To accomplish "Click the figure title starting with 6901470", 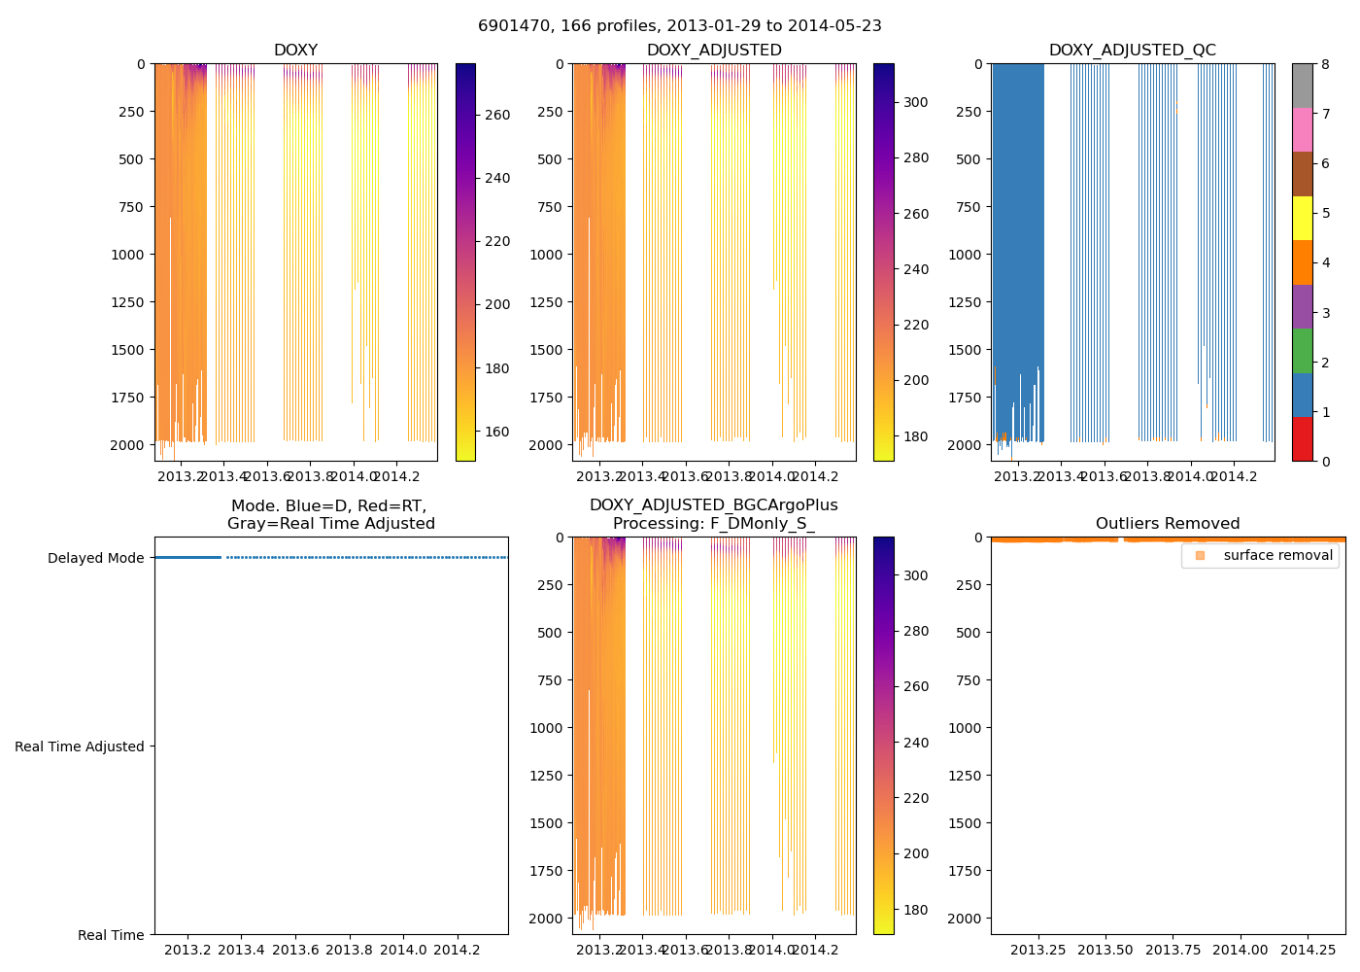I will click(680, 26).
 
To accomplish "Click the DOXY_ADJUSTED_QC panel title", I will click(1132, 51).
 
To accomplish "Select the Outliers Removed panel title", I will click(1168, 524).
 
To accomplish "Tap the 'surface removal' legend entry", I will click(1277, 555).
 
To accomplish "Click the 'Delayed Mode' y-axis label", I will click(95, 558).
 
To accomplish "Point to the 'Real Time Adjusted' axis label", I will click(80, 746).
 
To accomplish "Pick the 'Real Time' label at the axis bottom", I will click(111, 935).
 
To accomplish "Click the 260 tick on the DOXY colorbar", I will click(497, 115).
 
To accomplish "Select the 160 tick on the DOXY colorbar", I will click(497, 432).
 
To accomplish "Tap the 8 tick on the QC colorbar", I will click(1325, 64).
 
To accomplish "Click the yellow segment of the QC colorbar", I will click(1302, 219).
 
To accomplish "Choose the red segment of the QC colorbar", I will click(1302, 439).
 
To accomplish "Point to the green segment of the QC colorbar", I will click(1302, 351).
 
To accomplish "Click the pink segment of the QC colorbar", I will click(1302, 130).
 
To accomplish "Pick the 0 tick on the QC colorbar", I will click(1325, 461).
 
